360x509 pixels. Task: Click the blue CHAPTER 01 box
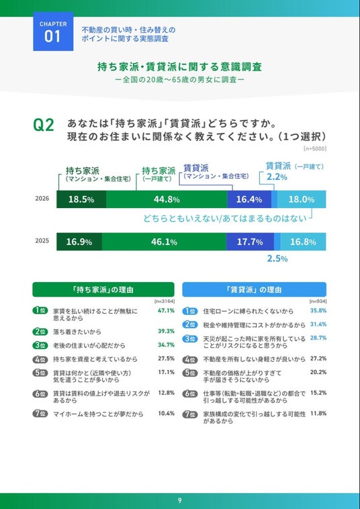(53, 32)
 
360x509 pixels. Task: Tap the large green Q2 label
(44, 126)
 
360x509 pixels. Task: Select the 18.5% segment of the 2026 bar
(81, 199)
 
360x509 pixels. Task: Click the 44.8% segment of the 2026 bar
(167, 199)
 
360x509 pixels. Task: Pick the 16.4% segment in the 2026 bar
(249, 199)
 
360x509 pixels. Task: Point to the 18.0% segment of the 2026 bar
(302, 199)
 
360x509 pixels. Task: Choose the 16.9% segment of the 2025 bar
(79, 242)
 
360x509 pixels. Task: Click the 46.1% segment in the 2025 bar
(164, 242)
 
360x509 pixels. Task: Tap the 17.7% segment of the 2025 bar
(250, 242)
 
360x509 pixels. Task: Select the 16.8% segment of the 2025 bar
(303, 242)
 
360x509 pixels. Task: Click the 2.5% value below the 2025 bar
(277, 259)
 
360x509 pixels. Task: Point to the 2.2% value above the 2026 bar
(277, 177)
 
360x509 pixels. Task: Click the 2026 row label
(42, 199)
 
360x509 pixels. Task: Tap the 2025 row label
(42, 241)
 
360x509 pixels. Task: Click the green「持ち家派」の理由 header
(103, 289)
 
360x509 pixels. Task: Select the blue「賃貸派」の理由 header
(254, 289)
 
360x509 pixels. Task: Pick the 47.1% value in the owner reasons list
(166, 310)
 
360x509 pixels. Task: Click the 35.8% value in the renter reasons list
(318, 310)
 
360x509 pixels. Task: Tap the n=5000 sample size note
(315, 149)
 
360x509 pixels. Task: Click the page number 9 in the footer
(179, 501)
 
